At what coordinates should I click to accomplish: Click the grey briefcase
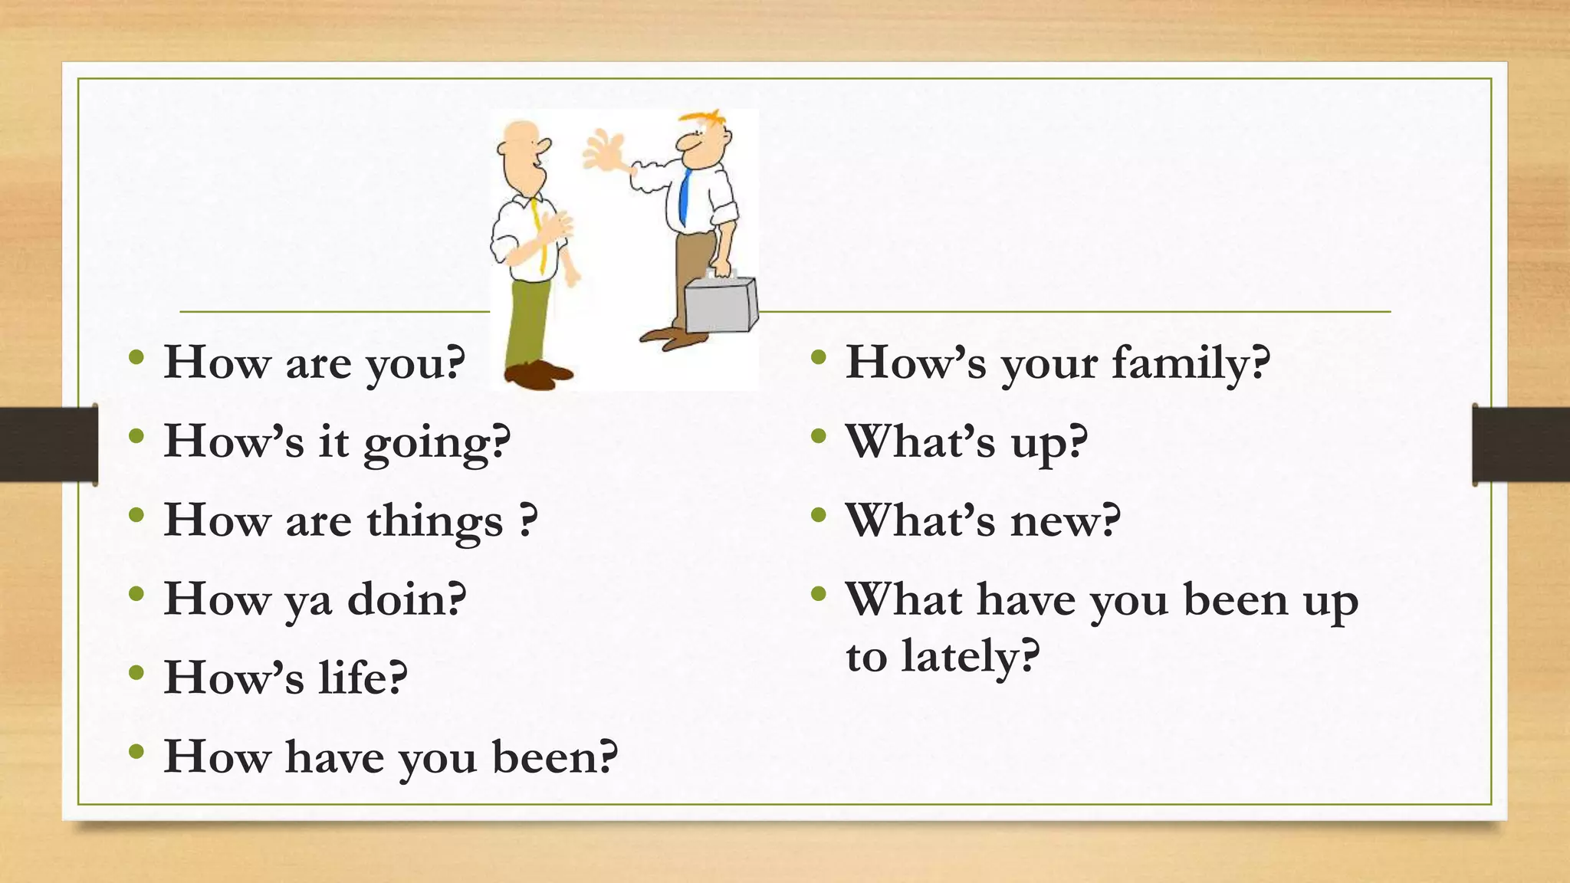point(721,305)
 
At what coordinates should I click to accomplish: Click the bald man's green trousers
point(527,322)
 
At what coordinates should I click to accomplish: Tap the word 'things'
point(435,521)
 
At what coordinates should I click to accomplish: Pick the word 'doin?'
point(407,599)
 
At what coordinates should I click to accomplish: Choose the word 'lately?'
point(971,657)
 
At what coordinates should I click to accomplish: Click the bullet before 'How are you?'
point(136,356)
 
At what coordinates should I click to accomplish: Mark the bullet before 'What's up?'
point(819,435)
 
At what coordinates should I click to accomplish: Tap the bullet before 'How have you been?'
point(136,750)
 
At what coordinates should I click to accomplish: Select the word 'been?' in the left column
point(555,757)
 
